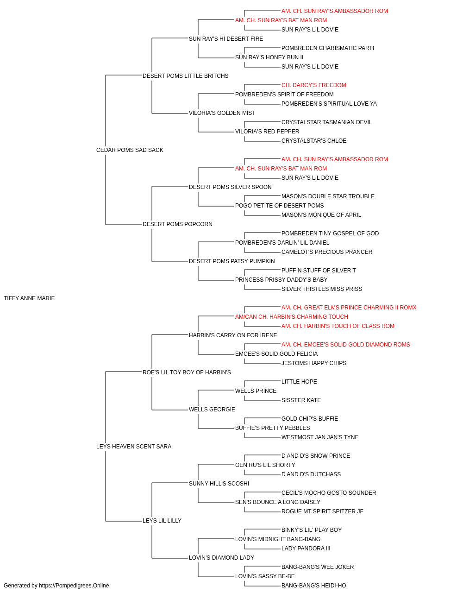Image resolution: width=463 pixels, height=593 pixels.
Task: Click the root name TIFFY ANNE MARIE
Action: (x=29, y=298)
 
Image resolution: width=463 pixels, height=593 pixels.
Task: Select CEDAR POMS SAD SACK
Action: (x=130, y=150)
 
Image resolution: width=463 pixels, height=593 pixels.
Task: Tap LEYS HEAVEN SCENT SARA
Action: (x=134, y=447)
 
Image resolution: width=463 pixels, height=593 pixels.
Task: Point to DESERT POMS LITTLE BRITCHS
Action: (x=185, y=76)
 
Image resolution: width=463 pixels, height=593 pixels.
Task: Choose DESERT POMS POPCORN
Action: (x=177, y=224)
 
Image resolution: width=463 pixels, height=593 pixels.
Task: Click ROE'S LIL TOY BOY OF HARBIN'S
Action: (x=187, y=372)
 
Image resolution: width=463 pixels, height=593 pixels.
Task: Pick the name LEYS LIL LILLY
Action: (x=162, y=521)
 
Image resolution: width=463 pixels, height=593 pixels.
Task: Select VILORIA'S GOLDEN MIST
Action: (x=222, y=113)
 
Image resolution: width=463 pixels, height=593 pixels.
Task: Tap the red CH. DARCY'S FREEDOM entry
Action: (x=313, y=85)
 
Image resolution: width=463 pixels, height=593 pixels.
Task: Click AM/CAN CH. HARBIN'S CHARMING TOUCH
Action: (x=292, y=317)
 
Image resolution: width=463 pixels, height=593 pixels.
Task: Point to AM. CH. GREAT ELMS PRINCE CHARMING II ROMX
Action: (x=349, y=308)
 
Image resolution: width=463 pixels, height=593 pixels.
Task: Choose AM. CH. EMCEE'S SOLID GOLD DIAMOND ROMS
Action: (x=345, y=345)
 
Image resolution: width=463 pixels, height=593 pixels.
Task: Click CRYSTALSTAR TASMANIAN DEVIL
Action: (x=326, y=122)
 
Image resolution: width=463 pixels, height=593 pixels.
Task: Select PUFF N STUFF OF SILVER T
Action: (x=319, y=271)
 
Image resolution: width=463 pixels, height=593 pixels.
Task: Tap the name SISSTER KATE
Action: (x=301, y=400)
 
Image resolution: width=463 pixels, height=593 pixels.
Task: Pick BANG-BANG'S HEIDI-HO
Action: (x=313, y=586)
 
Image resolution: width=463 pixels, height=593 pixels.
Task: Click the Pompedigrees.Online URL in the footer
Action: (x=74, y=586)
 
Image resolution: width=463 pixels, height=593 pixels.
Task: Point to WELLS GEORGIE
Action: (x=212, y=410)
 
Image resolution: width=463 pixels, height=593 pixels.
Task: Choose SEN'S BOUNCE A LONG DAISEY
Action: (x=278, y=502)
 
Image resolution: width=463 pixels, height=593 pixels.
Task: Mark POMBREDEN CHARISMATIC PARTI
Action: (x=327, y=48)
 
